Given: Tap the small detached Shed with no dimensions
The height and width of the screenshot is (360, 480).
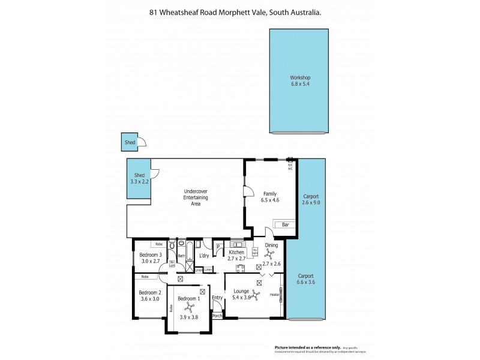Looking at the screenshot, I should click(x=130, y=142).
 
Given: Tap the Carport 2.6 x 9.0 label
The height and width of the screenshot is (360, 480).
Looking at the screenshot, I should click(x=311, y=200).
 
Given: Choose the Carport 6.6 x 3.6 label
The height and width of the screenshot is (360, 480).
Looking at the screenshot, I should click(x=305, y=278).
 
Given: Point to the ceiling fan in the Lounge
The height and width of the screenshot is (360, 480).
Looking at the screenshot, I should click(x=256, y=295).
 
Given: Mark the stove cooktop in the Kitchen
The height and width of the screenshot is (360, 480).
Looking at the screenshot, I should click(x=240, y=268).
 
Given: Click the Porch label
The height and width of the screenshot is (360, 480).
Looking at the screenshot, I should click(x=218, y=316).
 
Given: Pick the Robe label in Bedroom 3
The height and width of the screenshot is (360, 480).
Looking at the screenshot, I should click(x=159, y=244).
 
